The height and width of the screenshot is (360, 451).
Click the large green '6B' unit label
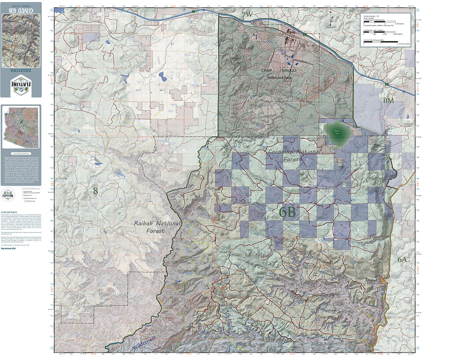pos(288,212)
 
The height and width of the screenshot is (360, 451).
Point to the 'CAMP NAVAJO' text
pos(281,70)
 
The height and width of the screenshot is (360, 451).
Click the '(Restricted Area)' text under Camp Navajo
pos(281,78)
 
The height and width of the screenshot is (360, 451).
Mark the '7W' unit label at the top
pos(247,15)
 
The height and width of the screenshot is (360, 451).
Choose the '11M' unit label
pos(389,100)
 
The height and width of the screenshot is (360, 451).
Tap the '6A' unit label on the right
pos(402,259)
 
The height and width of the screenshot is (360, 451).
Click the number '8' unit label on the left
pos(95,190)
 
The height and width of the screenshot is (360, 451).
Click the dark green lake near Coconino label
pos(337,132)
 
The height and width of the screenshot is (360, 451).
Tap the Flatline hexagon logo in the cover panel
pos(21,86)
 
